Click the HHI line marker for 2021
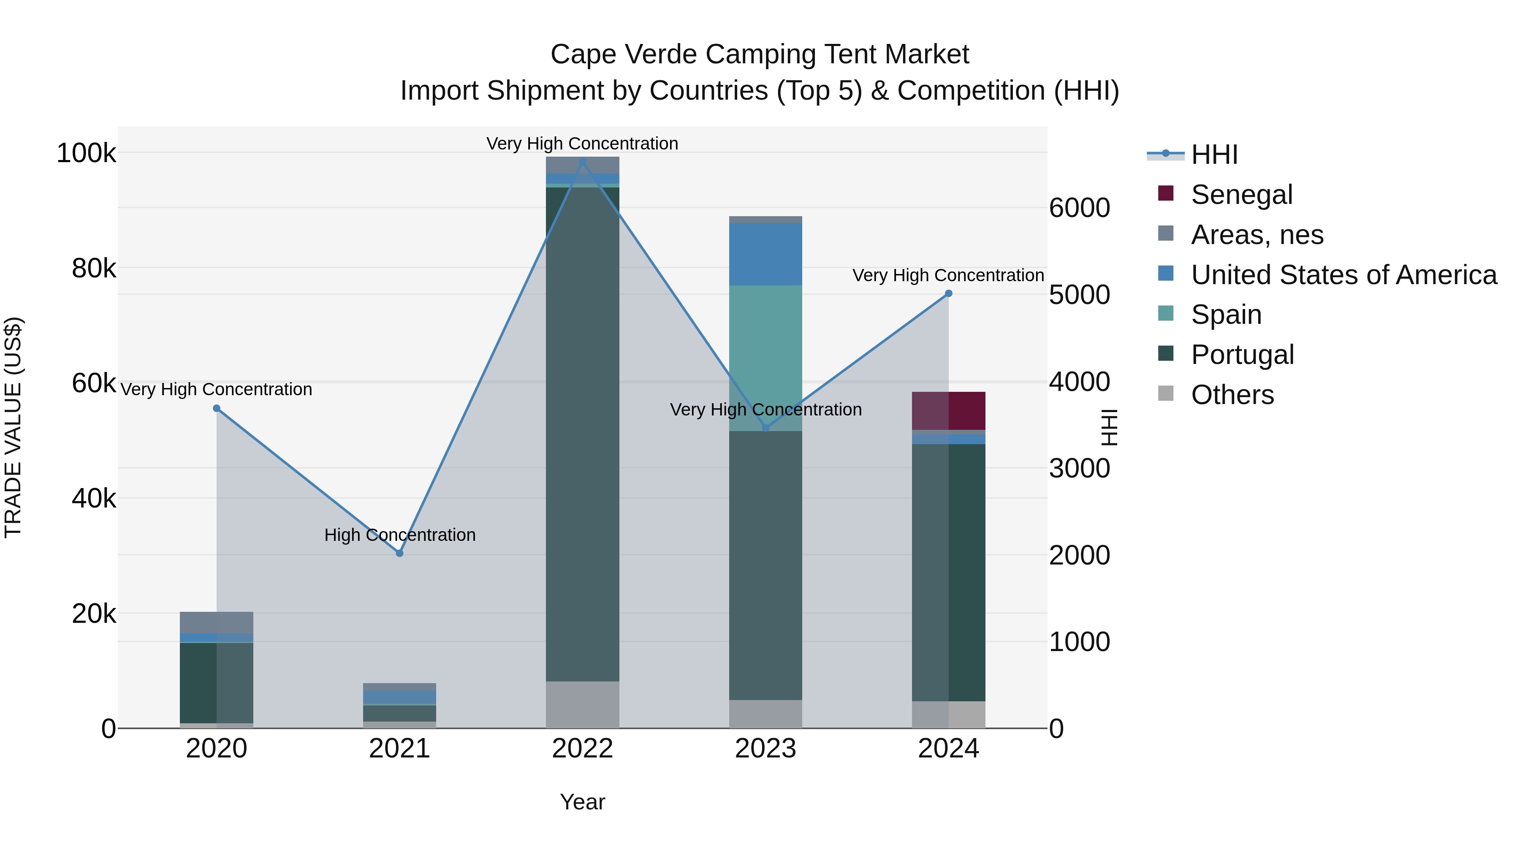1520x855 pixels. click(x=399, y=553)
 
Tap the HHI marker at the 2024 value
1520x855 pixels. click(x=948, y=293)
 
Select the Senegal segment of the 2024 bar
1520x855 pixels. click(x=948, y=411)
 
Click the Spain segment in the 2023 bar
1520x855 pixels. click(x=765, y=358)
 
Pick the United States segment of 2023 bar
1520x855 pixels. click(x=765, y=254)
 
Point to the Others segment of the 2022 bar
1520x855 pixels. click(x=582, y=705)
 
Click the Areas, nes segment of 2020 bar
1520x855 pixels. click(x=217, y=622)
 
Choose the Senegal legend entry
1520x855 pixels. click(x=1241, y=195)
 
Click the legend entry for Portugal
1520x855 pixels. click(x=1242, y=355)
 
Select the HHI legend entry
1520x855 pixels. click(x=1214, y=155)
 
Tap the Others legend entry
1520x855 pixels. click(x=1232, y=395)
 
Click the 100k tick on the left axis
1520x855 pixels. click(x=86, y=153)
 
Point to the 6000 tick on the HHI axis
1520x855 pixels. click(x=1079, y=208)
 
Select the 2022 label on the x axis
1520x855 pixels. click(x=582, y=749)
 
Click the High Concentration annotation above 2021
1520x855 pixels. click(x=399, y=535)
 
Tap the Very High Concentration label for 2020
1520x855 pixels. click(x=217, y=389)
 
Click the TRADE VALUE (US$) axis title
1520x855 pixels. click(x=13, y=427)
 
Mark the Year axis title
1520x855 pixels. click(x=582, y=802)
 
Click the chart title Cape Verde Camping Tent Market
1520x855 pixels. click(x=760, y=54)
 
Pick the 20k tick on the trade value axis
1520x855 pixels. click(x=94, y=613)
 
